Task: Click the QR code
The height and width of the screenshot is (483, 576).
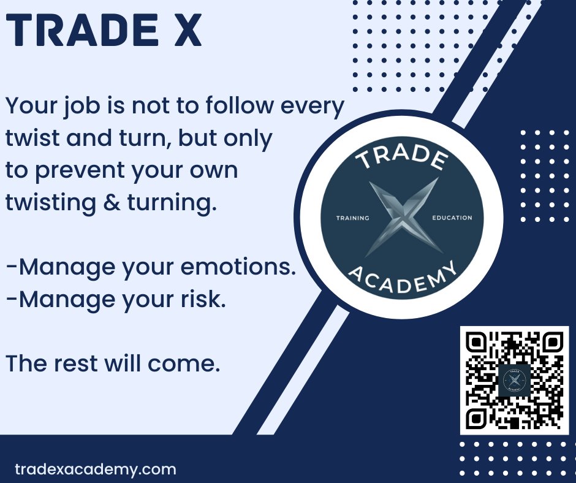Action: pos(514,380)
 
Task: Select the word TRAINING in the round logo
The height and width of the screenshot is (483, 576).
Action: pos(353,218)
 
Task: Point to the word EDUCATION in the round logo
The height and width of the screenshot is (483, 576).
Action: pos(452,218)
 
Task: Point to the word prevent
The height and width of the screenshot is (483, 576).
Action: pos(74,171)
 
